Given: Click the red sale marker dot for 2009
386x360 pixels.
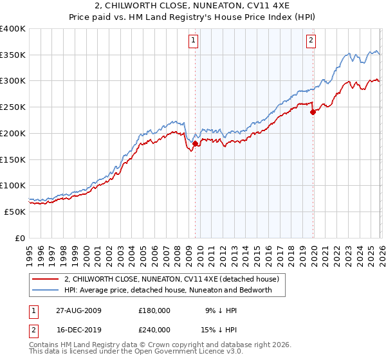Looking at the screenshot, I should pos(196,143).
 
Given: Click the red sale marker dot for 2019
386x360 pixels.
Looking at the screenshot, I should pos(313,112).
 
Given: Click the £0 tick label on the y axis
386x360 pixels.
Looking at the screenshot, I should pos(21,238).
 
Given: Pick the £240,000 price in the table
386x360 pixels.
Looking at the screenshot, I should pos(154,329).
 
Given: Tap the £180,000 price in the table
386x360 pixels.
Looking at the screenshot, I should pos(154,310).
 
